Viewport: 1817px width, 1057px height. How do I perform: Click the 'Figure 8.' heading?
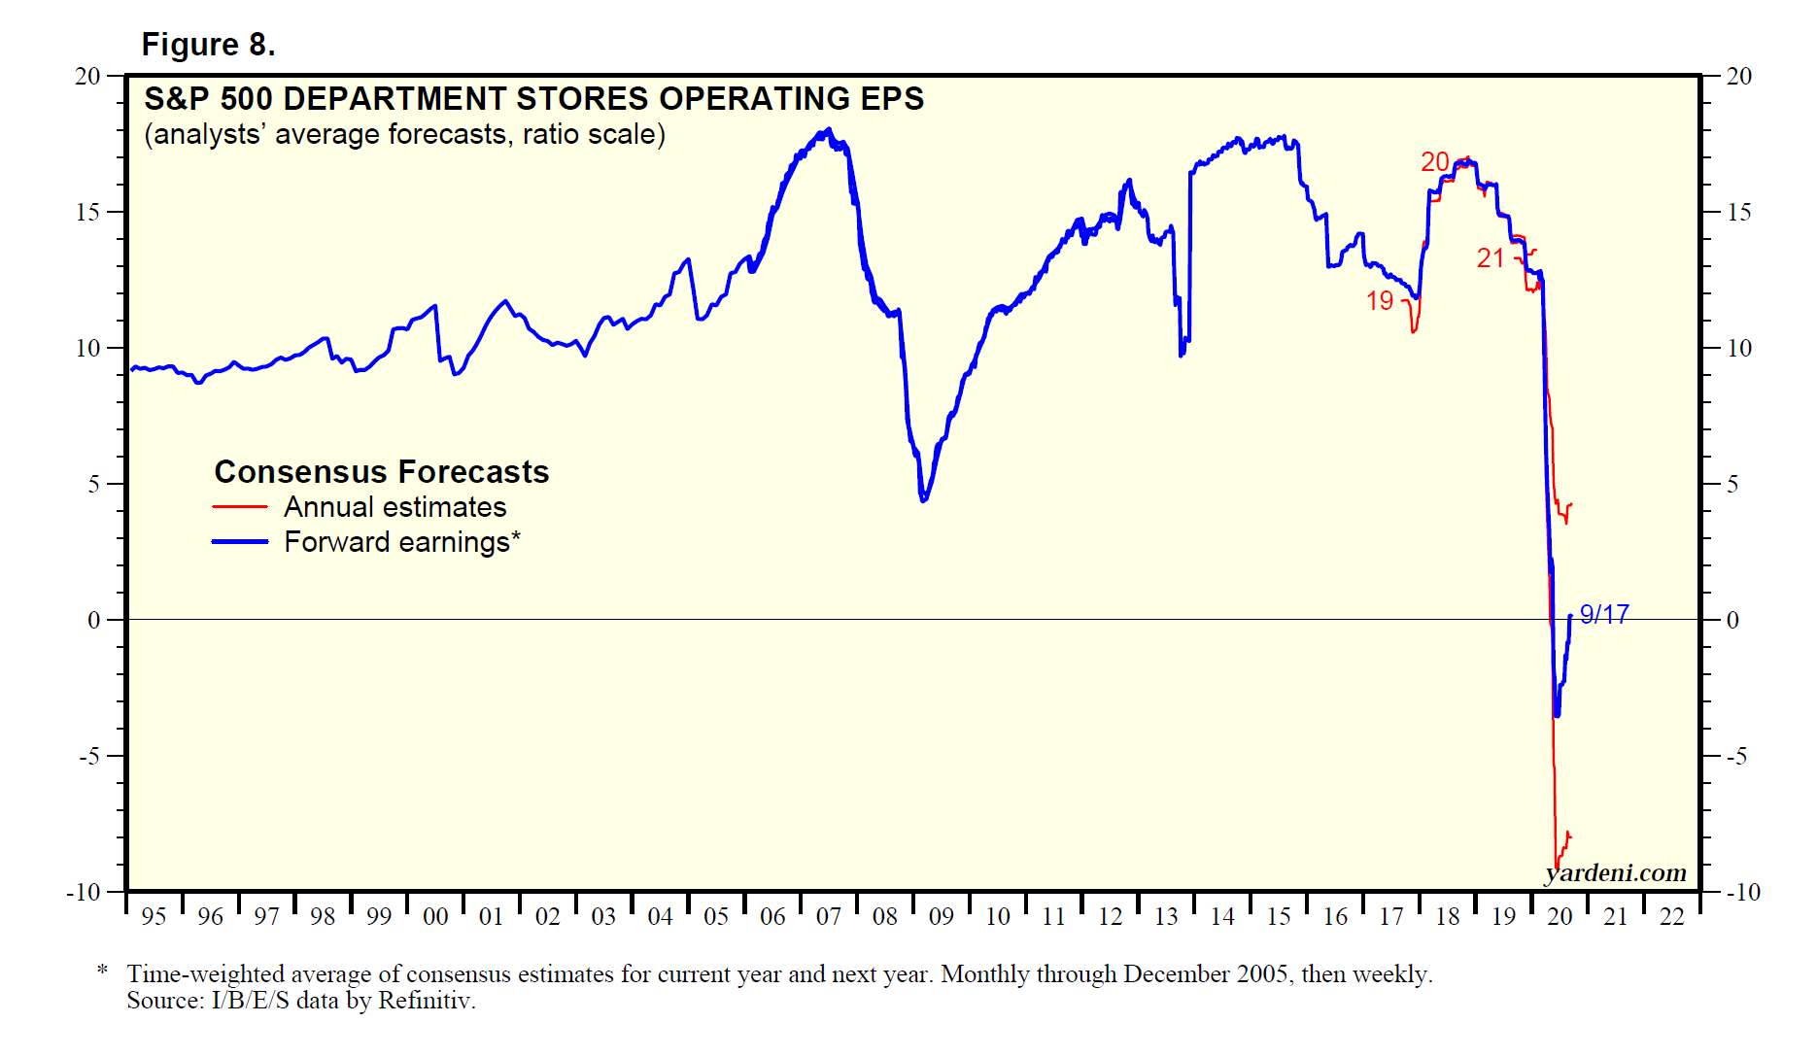point(208,45)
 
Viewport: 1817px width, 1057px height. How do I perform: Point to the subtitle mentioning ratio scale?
point(404,134)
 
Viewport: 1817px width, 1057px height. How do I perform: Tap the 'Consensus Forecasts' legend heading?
point(381,472)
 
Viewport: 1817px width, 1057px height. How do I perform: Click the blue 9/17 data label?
point(1604,614)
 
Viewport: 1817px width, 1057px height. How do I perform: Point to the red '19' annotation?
point(1380,301)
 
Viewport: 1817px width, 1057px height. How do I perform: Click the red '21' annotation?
point(1491,258)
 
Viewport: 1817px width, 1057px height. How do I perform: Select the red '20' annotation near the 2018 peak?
point(1434,162)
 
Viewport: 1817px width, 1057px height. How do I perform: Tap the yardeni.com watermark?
point(1616,872)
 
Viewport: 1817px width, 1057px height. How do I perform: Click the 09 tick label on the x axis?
point(941,916)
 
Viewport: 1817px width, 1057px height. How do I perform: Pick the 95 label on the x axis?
point(154,916)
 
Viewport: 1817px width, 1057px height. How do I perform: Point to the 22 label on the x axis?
point(1671,916)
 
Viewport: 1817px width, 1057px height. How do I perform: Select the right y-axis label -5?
point(1736,756)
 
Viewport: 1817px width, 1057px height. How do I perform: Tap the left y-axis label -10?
point(83,892)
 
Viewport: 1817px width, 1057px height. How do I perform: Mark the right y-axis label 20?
point(1738,76)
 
